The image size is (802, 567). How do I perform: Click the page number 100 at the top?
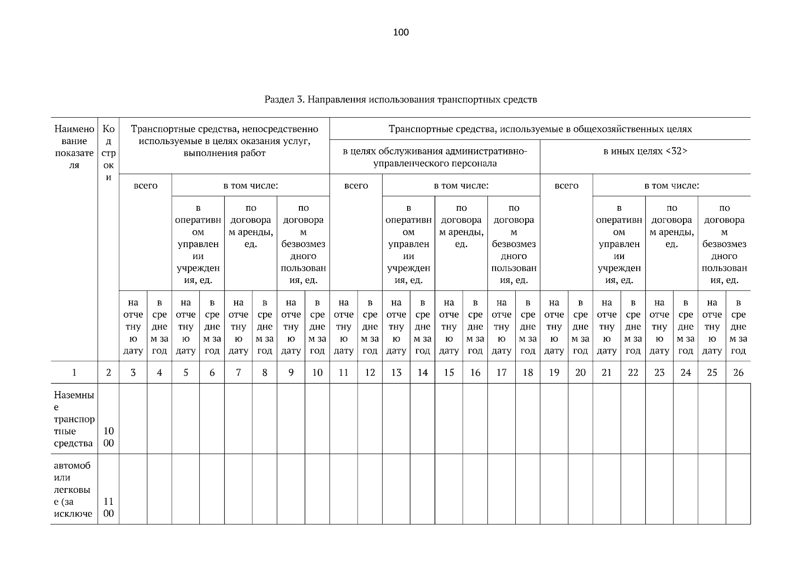point(401,32)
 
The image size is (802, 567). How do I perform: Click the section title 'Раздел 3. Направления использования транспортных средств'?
point(401,100)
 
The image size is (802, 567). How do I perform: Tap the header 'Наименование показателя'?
point(74,146)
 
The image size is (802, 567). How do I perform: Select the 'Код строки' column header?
point(108,153)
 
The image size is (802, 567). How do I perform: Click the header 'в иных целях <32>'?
point(645,152)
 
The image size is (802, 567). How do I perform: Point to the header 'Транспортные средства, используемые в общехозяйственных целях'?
point(540,129)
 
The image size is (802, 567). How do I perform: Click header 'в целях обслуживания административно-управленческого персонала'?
point(435,157)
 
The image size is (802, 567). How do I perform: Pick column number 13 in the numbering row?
point(396,372)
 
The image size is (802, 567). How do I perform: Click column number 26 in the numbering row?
point(738,372)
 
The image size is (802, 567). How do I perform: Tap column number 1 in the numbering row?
point(74,372)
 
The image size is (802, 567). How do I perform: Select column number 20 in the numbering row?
point(580,372)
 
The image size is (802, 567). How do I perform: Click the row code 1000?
point(108,437)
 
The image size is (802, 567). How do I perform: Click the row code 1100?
point(108,507)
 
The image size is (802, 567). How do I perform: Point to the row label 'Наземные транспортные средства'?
point(74,419)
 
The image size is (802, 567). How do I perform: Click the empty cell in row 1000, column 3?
point(133,419)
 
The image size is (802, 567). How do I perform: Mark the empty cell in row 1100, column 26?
point(738,489)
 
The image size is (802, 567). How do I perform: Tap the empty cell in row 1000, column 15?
point(449,419)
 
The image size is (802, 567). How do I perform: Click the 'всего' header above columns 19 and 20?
point(566,186)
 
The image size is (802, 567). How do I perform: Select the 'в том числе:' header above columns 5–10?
point(250,186)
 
